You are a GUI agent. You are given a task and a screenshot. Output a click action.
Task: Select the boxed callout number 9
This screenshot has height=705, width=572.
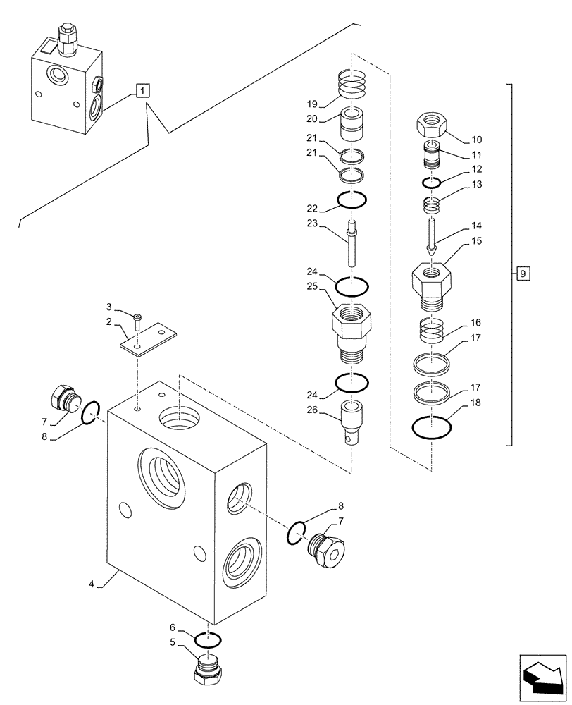[x=521, y=272]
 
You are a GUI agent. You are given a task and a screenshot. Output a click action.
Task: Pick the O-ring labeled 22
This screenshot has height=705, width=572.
[x=352, y=201]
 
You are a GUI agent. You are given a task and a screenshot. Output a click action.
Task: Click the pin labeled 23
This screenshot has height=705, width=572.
[x=352, y=243]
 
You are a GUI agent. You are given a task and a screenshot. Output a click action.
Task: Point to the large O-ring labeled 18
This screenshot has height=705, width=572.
[x=431, y=427]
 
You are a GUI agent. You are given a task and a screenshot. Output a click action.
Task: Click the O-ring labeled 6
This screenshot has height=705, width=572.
[x=208, y=639]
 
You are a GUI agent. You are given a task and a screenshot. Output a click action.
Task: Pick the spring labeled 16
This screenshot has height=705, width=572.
[x=431, y=329]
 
